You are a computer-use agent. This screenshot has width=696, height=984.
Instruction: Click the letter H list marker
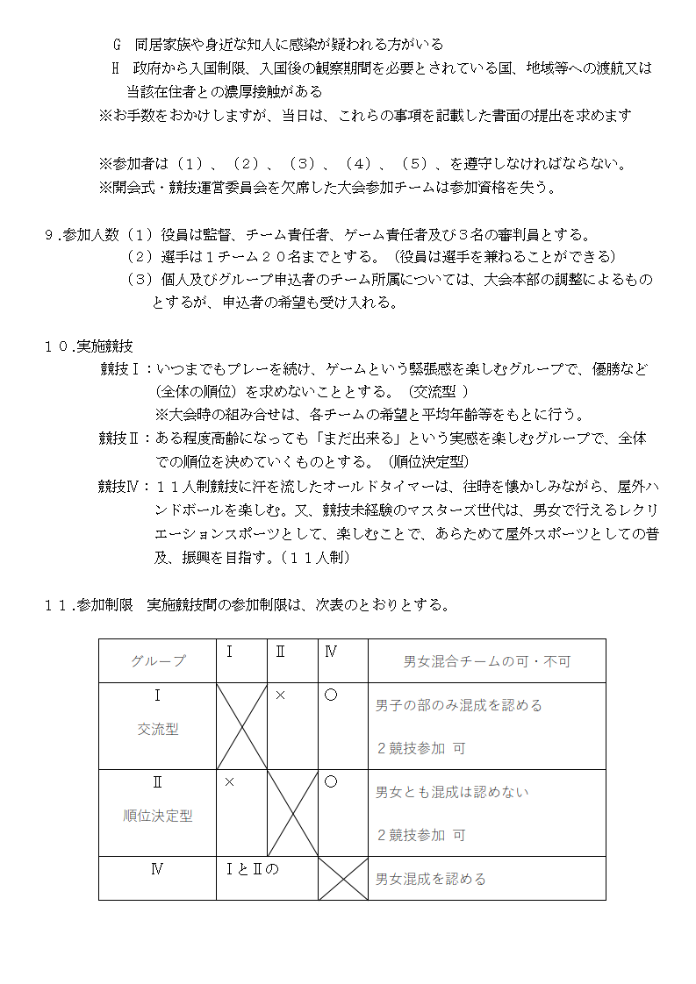(x=115, y=68)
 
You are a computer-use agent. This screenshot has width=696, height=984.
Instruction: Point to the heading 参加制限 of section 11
(x=104, y=604)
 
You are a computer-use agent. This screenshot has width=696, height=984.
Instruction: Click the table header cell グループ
(x=158, y=661)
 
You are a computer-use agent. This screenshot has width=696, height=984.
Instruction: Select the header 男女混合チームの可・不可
(x=486, y=661)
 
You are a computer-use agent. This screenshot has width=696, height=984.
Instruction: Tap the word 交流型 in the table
(x=158, y=729)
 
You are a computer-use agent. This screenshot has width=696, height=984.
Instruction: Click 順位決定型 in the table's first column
(x=158, y=816)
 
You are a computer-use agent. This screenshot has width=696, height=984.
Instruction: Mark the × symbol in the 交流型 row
(x=280, y=695)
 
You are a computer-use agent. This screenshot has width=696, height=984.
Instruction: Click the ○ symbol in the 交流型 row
(x=331, y=695)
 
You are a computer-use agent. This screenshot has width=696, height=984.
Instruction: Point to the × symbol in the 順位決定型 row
(x=229, y=781)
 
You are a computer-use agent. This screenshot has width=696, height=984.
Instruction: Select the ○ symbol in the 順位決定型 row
(x=331, y=781)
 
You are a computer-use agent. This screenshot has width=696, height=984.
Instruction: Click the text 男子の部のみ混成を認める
(x=459, y=705)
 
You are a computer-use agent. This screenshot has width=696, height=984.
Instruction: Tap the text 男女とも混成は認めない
(x=452, y=792)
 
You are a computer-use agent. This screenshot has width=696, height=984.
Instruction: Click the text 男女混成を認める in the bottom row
(x=430, y=879)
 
